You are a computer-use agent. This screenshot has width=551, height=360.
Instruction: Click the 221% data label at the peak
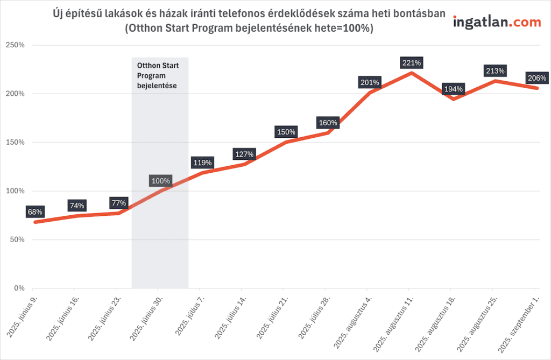point(412,63)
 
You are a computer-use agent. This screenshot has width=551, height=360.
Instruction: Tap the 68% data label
point(34,212)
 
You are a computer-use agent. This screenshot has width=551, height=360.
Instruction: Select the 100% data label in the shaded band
point(160,181)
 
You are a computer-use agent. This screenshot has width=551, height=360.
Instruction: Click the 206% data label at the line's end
point(537,78)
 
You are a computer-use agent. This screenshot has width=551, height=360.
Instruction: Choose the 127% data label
point(244,154)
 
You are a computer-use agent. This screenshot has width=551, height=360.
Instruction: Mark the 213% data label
point(495,71)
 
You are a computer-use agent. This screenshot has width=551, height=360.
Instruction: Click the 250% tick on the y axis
point(15,45)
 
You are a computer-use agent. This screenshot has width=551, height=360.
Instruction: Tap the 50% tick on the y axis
point(17,239)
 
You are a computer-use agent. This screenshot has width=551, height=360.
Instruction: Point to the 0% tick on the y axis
point(19,288)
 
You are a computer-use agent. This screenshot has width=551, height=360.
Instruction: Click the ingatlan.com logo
point(497,22)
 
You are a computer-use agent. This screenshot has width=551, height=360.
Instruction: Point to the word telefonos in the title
point(230,14)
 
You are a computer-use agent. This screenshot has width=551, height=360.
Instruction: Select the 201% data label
point(370,83)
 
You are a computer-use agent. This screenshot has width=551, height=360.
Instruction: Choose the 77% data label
point(118,203)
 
